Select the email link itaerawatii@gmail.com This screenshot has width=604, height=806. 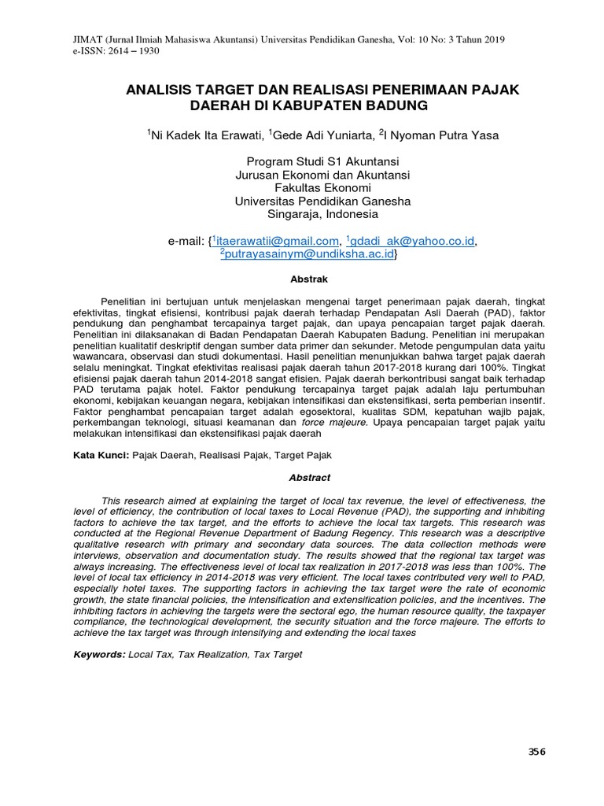tap(278, 240)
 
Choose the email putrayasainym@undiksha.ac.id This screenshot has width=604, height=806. tap(308, 254)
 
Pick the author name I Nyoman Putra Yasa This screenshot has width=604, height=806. tap(440, 135)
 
